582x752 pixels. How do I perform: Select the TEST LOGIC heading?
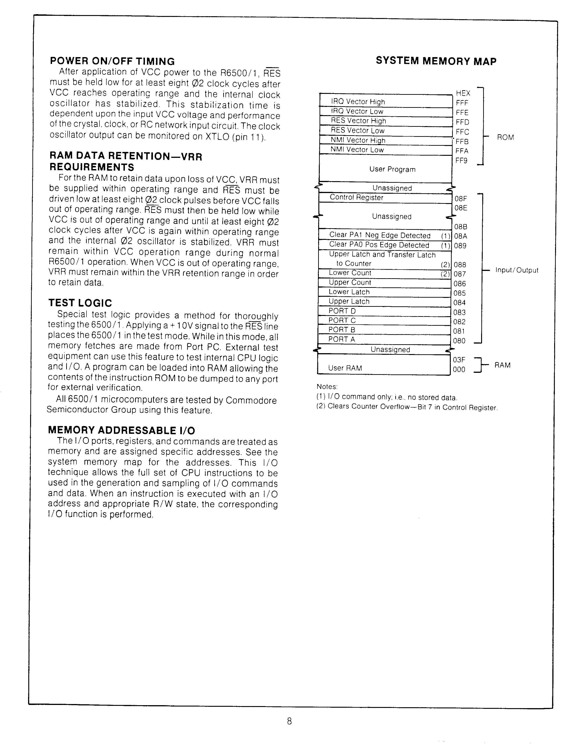(x=80, y=303)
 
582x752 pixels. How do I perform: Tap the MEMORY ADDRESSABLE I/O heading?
(x=121, y=430)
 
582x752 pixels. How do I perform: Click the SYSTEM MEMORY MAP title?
(x=436, y=61)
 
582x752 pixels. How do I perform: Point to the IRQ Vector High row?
(x=385, y=102)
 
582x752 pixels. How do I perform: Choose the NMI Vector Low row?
(x=385, y=150)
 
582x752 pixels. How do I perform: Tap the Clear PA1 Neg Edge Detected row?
(x=385, y=235)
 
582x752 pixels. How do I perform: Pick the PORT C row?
(x=384, y=320)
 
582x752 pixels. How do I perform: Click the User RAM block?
(x=383, y=368)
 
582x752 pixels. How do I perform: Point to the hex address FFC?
(x=462, y=132)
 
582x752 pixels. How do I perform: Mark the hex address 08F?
(x=461, y=199)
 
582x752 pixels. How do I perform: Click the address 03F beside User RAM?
(x=459, y=360)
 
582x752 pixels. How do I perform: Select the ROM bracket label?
(x=505, y=137)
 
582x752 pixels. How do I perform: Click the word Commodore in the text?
(x=251, y=400)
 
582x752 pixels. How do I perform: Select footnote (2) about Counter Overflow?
(x=406, y=407)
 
